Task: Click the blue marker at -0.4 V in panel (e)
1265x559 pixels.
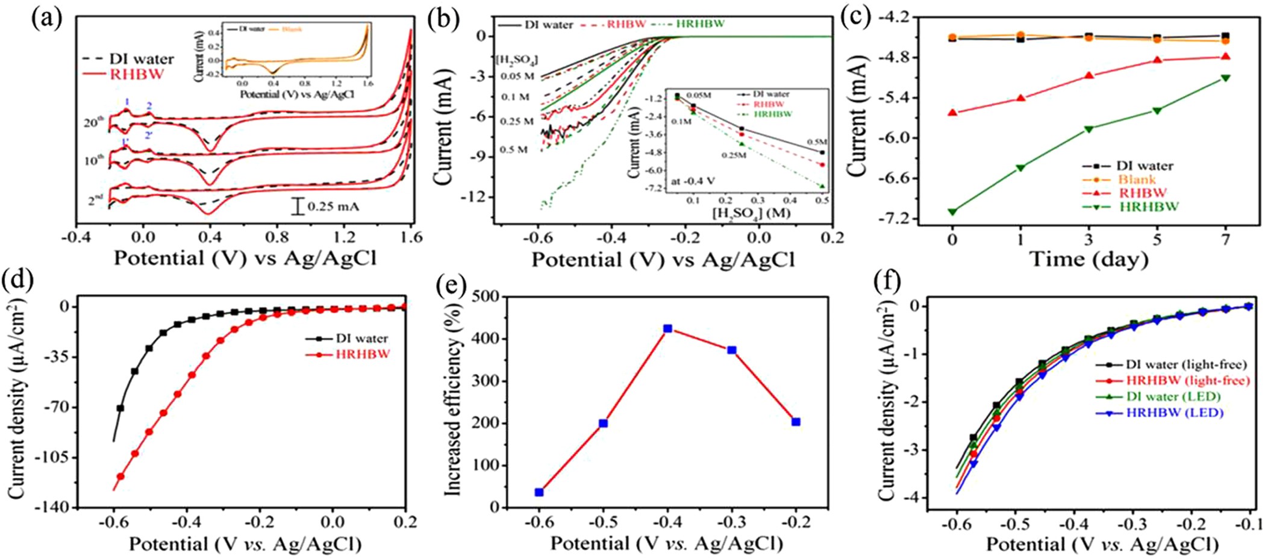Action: point(667,329)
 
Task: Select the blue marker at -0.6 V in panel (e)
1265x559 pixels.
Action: point(539,492)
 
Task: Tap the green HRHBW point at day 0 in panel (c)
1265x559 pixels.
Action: point(952,211)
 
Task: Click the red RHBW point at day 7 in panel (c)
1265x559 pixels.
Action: point(1225,57)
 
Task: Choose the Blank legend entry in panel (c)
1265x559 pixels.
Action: point(1137,179)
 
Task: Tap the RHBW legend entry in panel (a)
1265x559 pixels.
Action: point(130,74)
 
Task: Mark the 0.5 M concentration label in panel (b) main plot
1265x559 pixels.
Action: point(514,149)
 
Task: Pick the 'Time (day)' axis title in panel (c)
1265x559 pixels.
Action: point(1089,259)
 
